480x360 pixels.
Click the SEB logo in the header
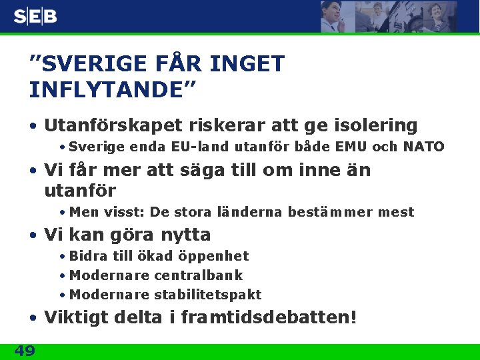tap(35, 17)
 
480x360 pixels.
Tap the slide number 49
tap(25, 351)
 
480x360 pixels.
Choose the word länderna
tap(253, 212)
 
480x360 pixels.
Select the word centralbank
tap(199, 275)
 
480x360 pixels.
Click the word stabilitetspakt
tap(208, 295)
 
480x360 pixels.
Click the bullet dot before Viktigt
tap(33, 318)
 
